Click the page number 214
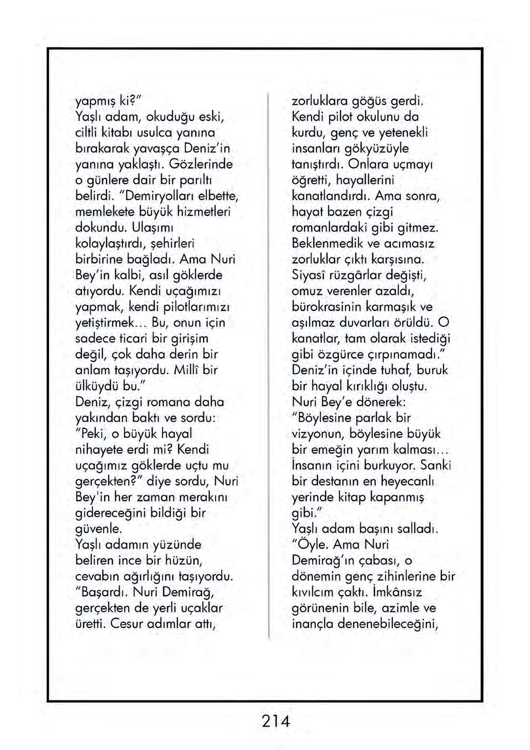(x=276, y=721)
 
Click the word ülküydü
(x=97, y=386)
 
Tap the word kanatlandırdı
(x=331, y=196)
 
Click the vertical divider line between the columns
(x=269, y=363)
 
